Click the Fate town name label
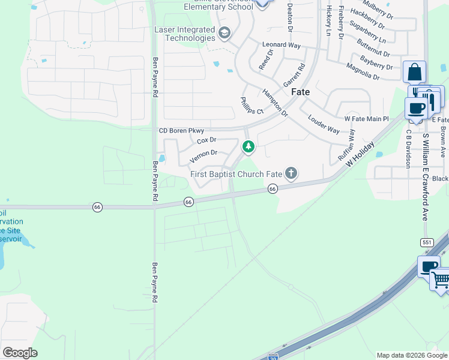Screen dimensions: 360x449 tap(300, 92)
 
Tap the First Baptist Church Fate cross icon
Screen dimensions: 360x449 tap(291, 174)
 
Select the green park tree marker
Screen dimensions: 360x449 tap(248, 146)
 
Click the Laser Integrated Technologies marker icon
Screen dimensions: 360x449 tap(224, 32)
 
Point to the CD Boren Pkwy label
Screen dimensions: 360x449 tap(181, 131)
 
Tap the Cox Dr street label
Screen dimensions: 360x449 tap(206, 141)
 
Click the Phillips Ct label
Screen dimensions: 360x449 tap(252, 106)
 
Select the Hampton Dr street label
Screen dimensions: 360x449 tap(275, 102)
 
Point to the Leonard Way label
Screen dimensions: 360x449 tap(281, 45)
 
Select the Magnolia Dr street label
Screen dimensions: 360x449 tap(363, 71)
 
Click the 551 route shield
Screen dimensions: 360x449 tap(427, 242)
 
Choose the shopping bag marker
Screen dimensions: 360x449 tap(414, 73)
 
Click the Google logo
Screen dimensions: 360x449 tap(19, 352)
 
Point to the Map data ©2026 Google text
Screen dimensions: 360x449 tap(411, 355)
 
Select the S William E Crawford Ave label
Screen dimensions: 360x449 tap(425, 176)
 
